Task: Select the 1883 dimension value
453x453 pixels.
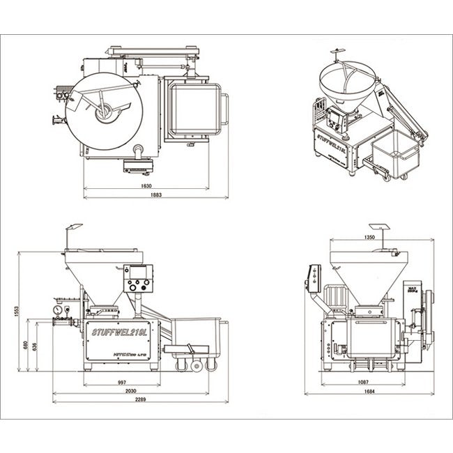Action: click(x=155, y=196)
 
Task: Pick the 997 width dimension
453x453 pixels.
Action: click(x=122, y=382)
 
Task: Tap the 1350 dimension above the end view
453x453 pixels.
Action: click(x=369, y=238)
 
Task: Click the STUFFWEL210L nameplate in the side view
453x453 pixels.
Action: click(x=120, y=332)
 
